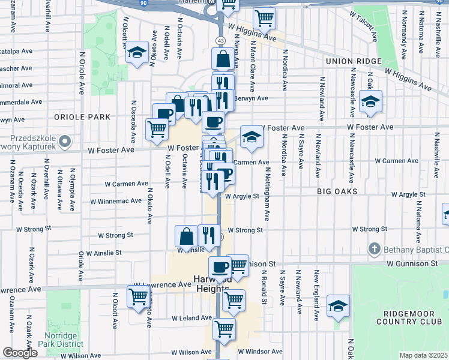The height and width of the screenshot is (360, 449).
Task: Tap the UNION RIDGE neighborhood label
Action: click(354, 62)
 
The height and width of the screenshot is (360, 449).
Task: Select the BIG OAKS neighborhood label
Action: click(337, 191)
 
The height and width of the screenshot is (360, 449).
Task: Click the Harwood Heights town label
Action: click(211, 283)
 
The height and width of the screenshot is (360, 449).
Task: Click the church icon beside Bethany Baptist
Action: click(374, 248)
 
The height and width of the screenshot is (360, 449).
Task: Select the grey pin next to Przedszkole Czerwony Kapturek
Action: click(66, 142)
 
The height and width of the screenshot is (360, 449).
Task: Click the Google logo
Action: click(20, 353)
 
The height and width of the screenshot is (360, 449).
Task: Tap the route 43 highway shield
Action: click(221, 40)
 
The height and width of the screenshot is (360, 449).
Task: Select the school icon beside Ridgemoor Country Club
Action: click(338, 305)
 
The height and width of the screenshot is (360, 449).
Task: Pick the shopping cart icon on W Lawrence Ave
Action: click(139, 296)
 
